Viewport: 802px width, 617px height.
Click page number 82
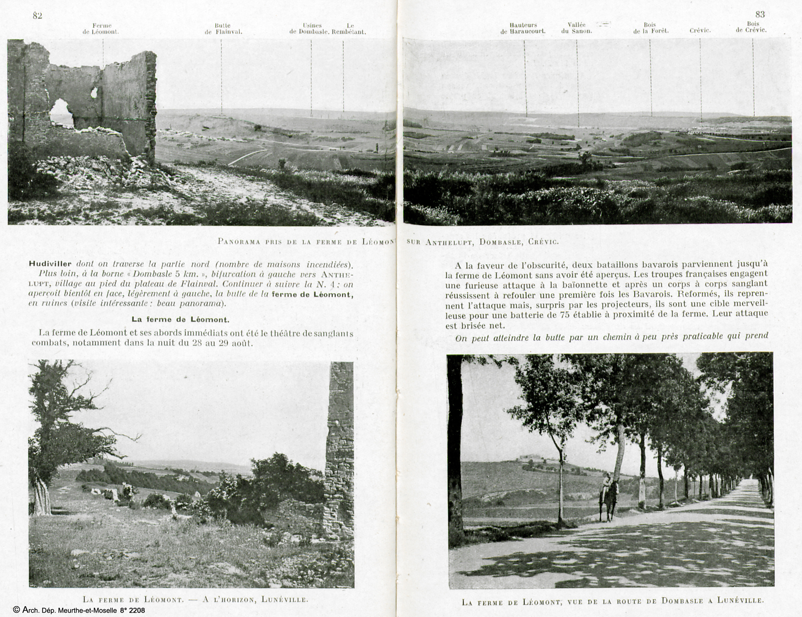[x=37, y=15]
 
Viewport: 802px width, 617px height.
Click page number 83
[x=760, y=14]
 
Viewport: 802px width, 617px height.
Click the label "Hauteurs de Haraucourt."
[x=523, y=28]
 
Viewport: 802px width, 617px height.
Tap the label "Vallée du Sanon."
[x=577, y=28]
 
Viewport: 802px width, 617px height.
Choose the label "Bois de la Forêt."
[x=651, y=28]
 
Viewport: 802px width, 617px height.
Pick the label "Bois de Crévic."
[x=751, y=27]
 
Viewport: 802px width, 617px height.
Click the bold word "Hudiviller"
[x=50, y=264]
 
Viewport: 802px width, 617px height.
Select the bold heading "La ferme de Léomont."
[x=180, y=320]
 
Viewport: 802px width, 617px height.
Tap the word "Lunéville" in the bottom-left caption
[x=284, y=600]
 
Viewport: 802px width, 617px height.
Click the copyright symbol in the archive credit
[x=16, y=610]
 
